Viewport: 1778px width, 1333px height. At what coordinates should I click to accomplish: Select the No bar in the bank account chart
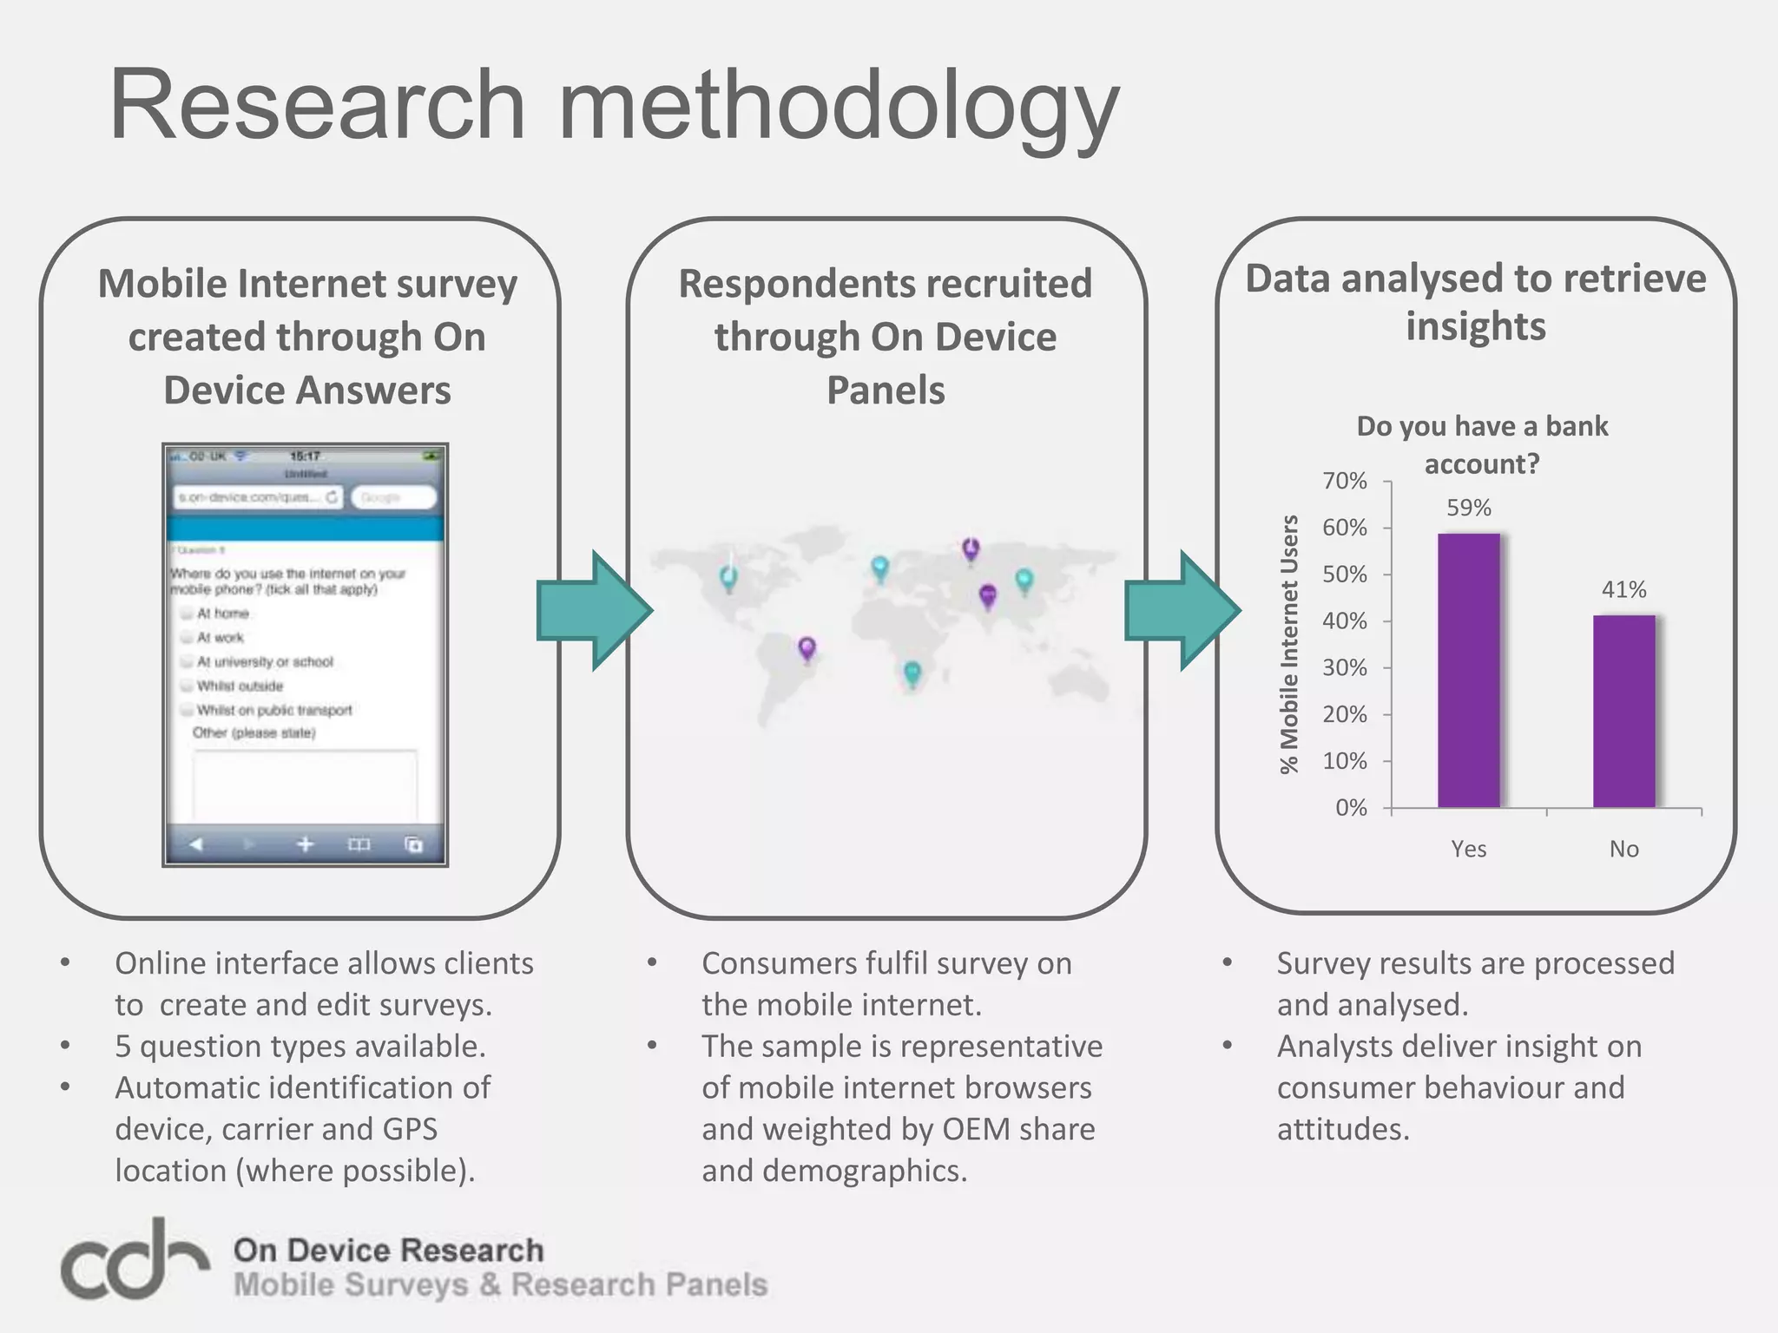point(1623,711)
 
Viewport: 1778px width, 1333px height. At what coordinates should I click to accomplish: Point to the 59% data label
point(1468,508)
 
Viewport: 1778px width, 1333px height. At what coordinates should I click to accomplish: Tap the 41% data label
point(1623,590)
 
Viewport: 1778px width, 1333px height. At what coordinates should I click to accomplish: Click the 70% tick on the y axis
point(1345,481)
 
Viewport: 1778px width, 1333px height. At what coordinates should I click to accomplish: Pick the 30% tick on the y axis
point(1345,668)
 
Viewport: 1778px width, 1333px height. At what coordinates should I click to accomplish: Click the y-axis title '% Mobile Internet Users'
point(1289,643)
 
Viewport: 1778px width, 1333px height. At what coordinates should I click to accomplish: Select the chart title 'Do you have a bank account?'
point(1482,444)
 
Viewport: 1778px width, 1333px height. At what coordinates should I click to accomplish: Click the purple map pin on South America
point(807,647)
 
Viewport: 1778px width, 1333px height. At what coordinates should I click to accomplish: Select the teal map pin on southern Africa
point(912,673)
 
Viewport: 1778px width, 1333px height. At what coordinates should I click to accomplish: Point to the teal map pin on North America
point(729,577)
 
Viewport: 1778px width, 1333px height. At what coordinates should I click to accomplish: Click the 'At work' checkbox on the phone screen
point(187,638)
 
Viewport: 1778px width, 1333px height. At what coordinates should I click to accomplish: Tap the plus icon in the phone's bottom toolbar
point(305,844)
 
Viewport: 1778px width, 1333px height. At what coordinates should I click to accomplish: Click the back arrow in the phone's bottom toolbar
point(196,844)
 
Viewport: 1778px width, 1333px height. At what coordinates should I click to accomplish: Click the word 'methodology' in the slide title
point(838,106)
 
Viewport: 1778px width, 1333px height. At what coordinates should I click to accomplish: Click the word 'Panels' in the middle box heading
point(886,390)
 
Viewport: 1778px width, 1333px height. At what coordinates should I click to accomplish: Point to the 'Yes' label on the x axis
point(1468,849)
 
